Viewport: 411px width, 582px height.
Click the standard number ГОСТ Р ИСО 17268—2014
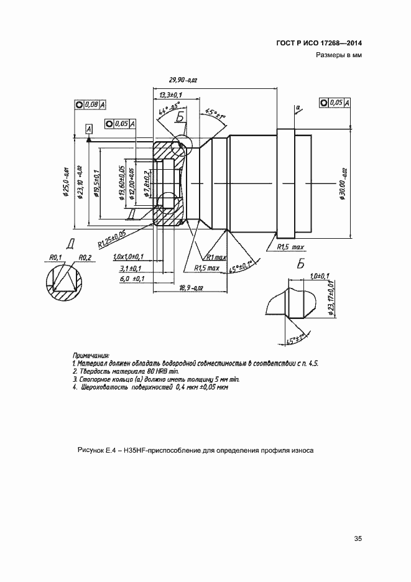tap(318, 43)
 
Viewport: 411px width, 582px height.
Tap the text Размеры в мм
tap(339, 55)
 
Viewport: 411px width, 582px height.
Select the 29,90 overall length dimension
tap(183, 80)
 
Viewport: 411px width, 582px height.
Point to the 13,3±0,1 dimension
tap(169, 95)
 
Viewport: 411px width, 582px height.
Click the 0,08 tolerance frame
tap(90, 105)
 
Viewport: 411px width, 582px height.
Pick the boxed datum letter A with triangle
tap(88, 129)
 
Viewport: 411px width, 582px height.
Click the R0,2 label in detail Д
tap(85, 257)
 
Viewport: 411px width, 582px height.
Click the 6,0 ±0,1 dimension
tap(131, 279)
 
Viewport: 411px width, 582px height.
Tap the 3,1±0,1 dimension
tap(131, 268)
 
